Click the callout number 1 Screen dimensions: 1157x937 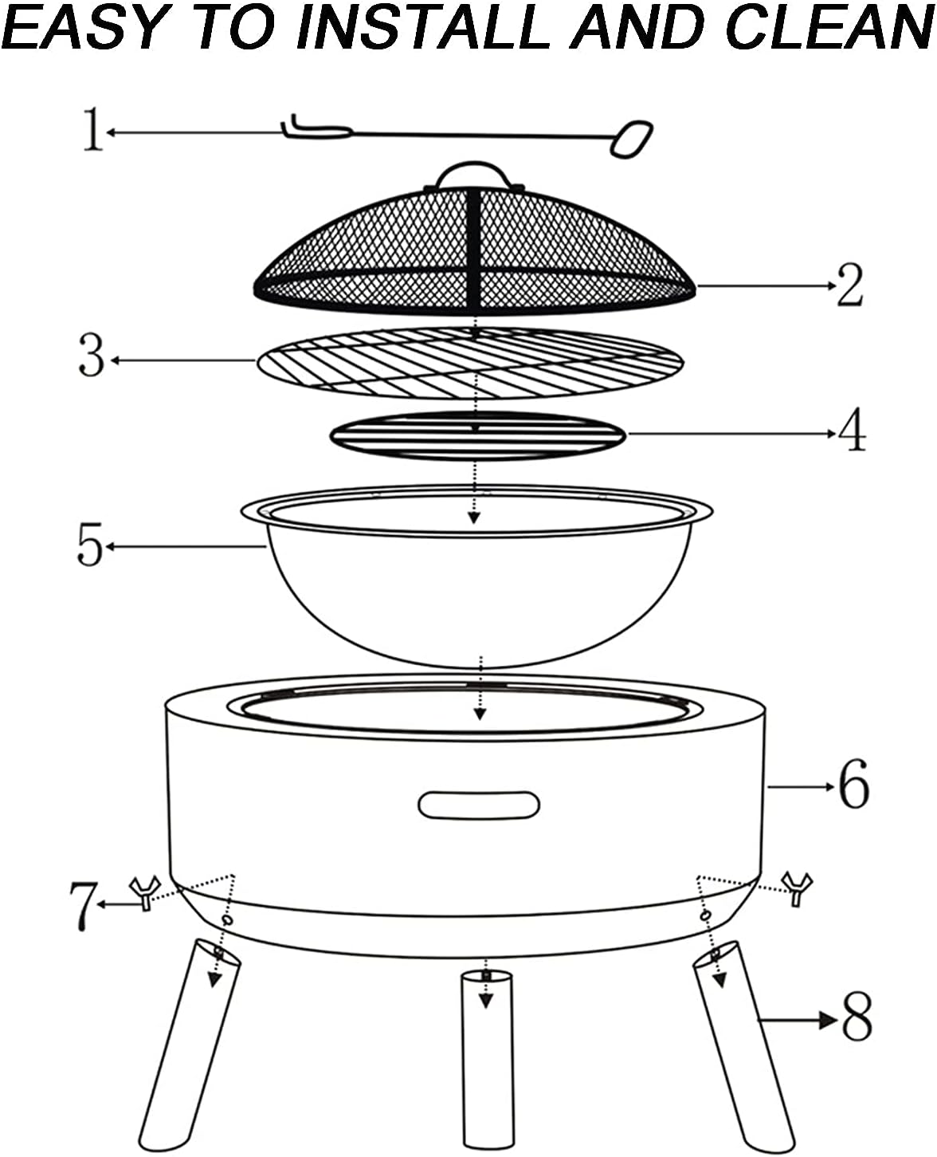point(92,130)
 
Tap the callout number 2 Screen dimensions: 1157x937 point(850,285)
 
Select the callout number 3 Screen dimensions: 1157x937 point(92,356)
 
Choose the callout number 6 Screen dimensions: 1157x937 point(854,785)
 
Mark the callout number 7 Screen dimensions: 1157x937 point(83,905)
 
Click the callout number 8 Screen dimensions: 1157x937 point(857,1017)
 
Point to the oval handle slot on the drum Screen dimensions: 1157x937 point(479,805)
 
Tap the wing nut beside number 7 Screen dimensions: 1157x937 point(145,891)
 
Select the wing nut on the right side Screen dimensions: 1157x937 point(796,887)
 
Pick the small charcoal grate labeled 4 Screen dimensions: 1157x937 point(477,435)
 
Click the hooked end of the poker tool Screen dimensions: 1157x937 point(314,129)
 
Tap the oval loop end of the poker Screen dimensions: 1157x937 point(633,139)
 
